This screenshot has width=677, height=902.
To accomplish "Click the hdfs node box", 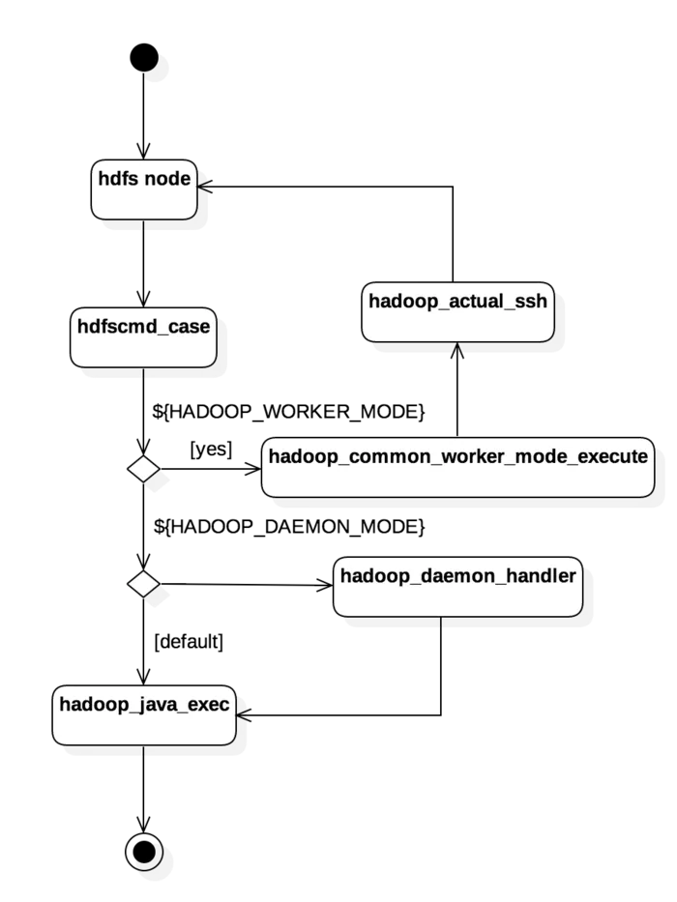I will tap(144, 189).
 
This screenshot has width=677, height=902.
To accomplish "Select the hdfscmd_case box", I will tap(143, 338).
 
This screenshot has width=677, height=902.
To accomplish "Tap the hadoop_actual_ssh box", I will tap(457, 312).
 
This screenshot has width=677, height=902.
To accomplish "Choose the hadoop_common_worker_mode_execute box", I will tap(457, 467).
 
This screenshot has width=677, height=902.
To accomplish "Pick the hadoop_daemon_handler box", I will tap(457, 587).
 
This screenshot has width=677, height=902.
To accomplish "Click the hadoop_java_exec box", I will tap(144, 715).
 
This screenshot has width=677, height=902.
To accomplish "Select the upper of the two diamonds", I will tap(143, 470).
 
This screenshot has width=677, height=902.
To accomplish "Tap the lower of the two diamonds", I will tap(143, 584).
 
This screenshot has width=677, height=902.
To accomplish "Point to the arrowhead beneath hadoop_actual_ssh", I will tap(457, 349).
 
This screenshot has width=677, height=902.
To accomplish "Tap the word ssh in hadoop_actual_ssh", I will tap(531, 302).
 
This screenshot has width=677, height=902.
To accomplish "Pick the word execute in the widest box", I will tap(612, 456).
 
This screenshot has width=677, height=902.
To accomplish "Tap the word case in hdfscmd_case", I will tap(190, 327).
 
